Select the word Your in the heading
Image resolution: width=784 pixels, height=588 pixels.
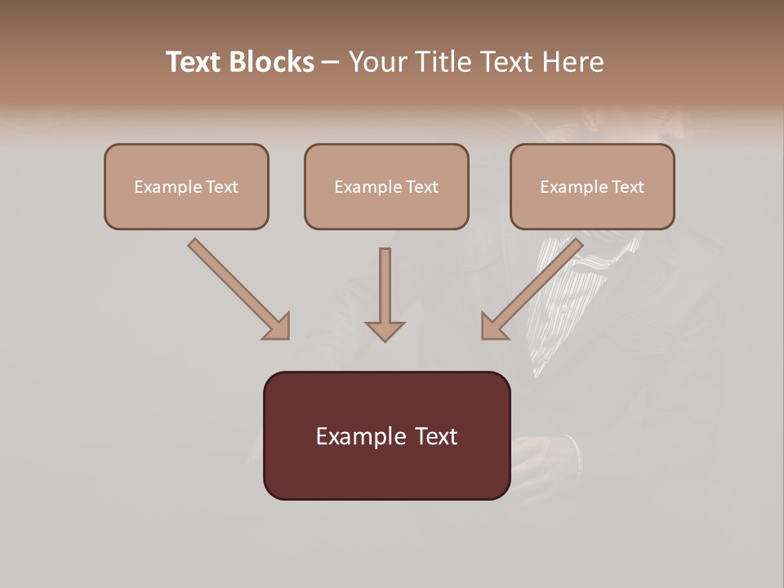coord(378,62)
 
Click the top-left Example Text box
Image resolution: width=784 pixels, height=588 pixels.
coord(186,187)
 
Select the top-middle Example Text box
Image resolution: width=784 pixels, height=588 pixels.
coord(386,187)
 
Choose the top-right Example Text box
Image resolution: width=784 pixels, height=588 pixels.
coord(592,187)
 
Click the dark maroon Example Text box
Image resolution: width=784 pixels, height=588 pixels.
coord(386,436)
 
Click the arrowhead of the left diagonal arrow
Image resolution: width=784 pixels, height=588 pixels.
coord(278,327)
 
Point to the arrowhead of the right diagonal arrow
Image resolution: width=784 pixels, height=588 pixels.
coord(493,327)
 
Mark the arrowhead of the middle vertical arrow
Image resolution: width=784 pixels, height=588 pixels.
coord(385,330)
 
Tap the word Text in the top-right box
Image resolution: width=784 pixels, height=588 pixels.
coord(627,187)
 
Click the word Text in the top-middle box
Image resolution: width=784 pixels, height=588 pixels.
coord(421,187)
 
